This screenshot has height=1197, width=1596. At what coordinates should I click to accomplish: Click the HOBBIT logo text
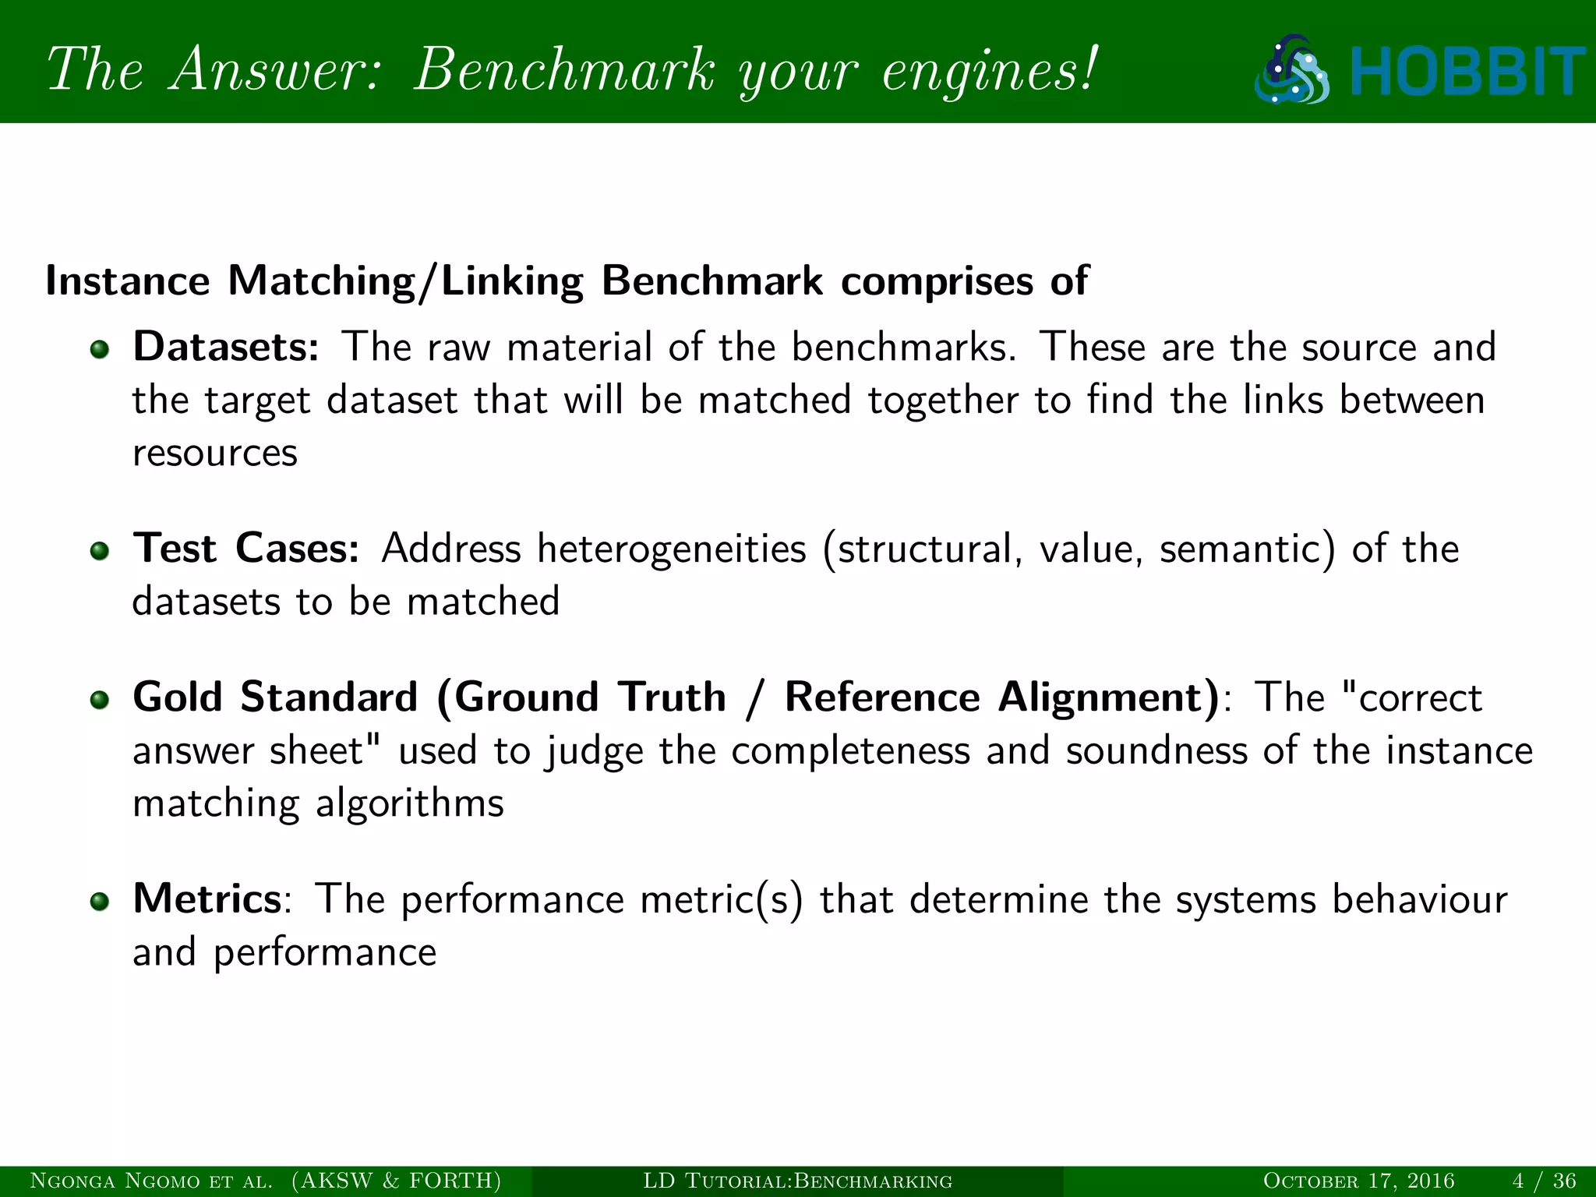coord(1468,72)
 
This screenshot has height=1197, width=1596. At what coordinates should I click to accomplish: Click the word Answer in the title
coord(277,70)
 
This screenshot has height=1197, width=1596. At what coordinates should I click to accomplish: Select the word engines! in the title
coord(990,72)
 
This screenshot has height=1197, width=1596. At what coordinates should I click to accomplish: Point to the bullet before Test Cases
coord(99,551)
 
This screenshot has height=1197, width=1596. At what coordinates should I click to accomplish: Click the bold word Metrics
coord(207,899)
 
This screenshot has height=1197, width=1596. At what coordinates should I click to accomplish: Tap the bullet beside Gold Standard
coord(99,699)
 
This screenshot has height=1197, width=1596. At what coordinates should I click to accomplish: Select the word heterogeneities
coord(672,549)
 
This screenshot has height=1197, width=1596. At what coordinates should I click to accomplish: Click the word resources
coord(215,454)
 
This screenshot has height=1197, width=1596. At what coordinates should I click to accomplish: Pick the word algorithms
coord(410,803)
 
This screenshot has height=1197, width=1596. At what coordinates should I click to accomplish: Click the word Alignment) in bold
coord(1109,697)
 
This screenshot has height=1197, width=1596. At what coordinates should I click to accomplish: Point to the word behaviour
coord(1419,899)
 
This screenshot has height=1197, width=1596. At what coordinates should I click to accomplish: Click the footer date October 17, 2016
coord(1358,1181)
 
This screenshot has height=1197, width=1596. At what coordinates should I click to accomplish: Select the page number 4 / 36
coord(1544,1181)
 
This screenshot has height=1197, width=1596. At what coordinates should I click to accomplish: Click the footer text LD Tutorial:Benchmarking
coord(797,1181)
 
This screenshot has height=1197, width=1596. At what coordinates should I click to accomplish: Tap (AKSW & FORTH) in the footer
coord(397,1181)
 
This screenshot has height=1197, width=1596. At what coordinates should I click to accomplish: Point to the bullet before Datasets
coord(99,349)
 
